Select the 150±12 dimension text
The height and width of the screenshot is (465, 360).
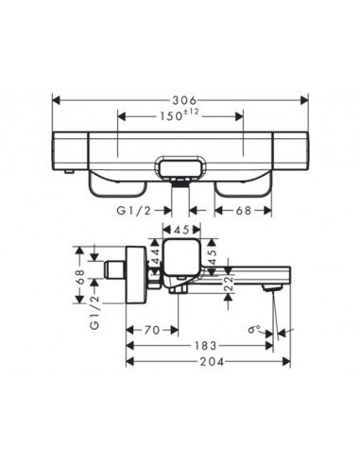coord(180,117)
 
